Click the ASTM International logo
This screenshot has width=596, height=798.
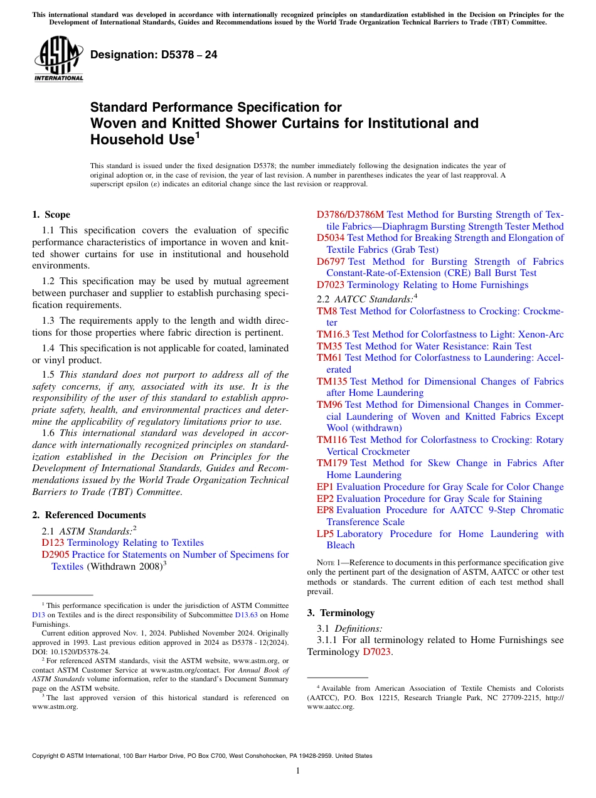58,59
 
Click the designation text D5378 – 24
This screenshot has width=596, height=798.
154,55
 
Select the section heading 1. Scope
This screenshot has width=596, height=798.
51,215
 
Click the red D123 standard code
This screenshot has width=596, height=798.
53,543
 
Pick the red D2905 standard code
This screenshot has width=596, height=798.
55,555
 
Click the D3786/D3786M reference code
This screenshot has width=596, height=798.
350,215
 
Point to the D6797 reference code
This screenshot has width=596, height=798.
331,262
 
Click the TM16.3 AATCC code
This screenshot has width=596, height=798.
333,334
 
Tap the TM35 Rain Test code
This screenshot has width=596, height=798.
329,346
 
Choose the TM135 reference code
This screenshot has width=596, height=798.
332,381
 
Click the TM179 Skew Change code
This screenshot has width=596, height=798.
332,463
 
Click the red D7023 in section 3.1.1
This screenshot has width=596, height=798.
377,652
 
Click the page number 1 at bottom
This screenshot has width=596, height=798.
298,770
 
